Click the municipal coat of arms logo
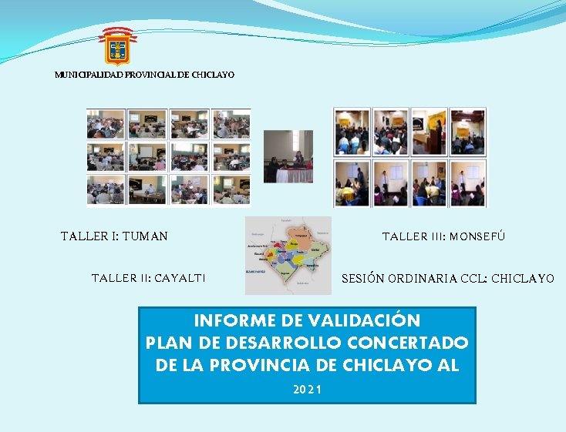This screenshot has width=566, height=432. click(x=118, y=46)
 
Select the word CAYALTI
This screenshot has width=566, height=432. click(x=180, y=278)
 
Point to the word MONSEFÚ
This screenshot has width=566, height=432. click(x=477, y=236)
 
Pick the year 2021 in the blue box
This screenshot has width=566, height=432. click(x=307, y=389)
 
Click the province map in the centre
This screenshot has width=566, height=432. click(x=288, y=256)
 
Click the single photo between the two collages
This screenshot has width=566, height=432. click(x=288, y=156)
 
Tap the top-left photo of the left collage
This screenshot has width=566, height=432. click(x=106, y=123)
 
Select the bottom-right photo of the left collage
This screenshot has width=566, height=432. click(x=231, y=189)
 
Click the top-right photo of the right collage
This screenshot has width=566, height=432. click(x=467, y=131)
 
